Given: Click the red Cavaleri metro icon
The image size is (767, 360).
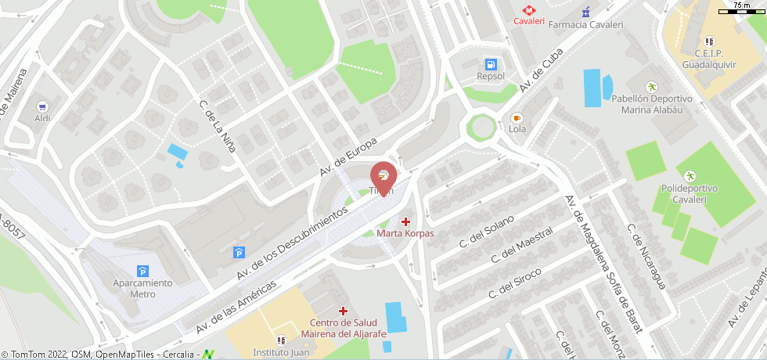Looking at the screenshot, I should click(x=528, y=9).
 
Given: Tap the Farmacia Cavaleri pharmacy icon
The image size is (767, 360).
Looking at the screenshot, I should click(x=586, y=12).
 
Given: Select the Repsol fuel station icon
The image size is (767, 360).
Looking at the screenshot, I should click(x=491, y=63).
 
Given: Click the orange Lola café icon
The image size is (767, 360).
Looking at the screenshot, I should click(x=517, y=117).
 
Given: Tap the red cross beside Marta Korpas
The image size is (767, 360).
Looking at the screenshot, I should click(x=405, y=221).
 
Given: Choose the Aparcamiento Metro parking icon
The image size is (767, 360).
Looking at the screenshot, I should click(x=142, y=270).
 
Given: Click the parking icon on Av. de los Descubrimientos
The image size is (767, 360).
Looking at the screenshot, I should click(x=239, y=251).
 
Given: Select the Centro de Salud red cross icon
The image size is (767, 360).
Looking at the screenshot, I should click(x=343, y=311).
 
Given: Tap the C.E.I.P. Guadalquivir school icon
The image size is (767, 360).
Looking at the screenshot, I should click(x=708, y=41).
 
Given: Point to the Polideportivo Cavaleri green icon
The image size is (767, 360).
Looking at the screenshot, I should click(x=690, y=175).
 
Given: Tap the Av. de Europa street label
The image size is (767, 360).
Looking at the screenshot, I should click(x=348, y=157).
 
